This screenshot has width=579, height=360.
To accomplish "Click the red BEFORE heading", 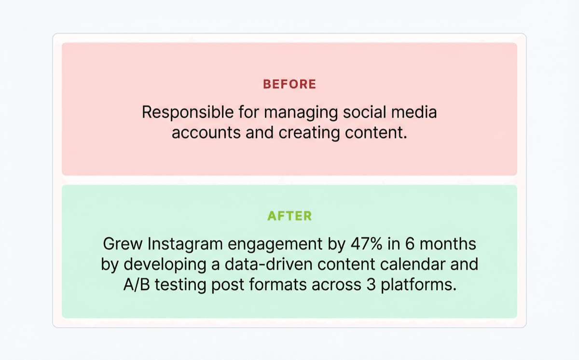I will pos(289,84).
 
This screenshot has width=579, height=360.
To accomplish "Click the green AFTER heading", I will pos(289,215).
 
